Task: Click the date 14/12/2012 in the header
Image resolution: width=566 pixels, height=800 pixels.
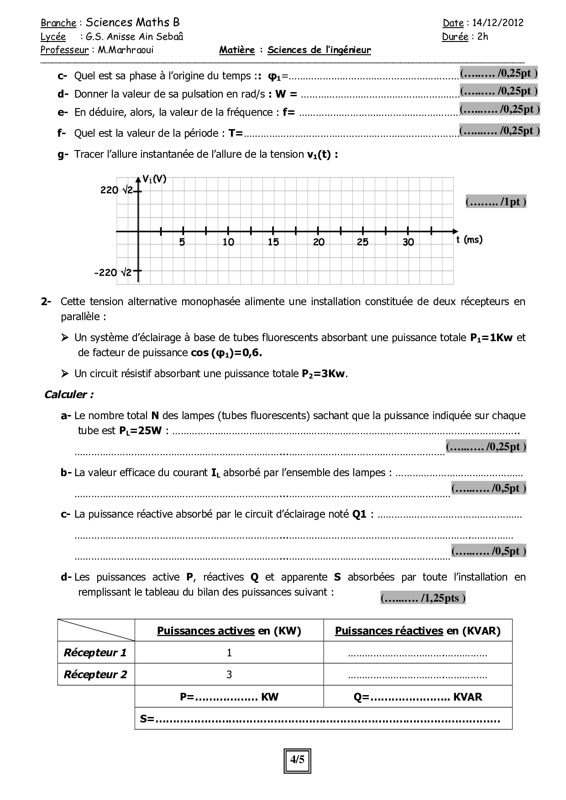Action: point(498,23)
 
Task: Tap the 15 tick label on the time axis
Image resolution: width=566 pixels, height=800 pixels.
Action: point(273,243)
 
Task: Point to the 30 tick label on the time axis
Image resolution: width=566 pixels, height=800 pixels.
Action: point(408,243)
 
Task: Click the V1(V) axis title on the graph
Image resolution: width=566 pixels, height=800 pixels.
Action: point(154,179)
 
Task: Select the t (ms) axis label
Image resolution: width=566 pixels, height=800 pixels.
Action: point(469,239)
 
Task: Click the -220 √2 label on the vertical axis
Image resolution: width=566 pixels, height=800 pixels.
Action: point(113,273)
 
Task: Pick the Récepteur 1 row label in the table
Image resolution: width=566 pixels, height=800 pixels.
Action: point(95,653)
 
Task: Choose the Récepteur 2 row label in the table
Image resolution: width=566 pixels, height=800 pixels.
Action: point(95,675)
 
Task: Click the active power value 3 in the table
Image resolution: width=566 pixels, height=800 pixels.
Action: point(229,675)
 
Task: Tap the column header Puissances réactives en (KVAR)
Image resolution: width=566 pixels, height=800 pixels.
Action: point(418,631)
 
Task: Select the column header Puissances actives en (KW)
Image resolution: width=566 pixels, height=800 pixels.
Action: point(229,631)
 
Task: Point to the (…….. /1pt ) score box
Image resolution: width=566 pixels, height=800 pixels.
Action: point(496,202)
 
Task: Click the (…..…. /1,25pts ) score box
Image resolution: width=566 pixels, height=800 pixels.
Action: point(423,598)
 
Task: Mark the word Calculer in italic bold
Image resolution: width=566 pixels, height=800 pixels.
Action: point(69,395)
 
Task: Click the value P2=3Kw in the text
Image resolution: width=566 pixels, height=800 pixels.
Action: point(324,374)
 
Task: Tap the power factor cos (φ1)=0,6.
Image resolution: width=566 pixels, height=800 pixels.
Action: point(226,353)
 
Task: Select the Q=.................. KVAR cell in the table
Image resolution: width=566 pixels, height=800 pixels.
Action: point(418,697)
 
